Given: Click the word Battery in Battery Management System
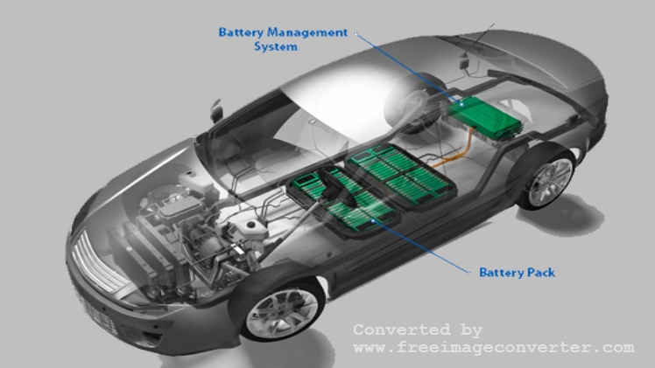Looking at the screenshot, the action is [x=242, y=33].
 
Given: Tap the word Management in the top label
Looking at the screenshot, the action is [x=307, y=32].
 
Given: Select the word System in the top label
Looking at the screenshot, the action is [x=276, y=46].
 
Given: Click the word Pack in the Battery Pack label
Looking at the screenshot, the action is [x=541, y=273].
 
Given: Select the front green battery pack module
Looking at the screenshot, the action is [x=343, y=200].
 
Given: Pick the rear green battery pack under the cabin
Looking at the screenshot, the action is [x=401, y=175].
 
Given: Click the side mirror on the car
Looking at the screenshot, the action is [x=216, y=110].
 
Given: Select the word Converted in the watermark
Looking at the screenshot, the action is [x=402, y=330].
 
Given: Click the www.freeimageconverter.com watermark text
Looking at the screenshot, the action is [x=494, y=347].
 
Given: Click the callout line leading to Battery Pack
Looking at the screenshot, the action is [x=420, y=246].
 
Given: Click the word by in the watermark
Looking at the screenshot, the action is [x=472, y=330].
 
